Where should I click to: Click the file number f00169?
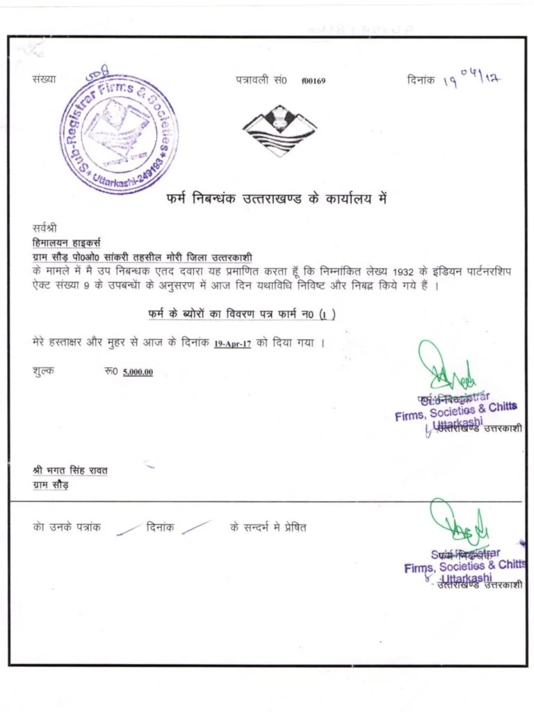tap(314, 81)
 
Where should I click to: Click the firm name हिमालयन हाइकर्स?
tap(67, 243)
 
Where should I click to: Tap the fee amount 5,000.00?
tap(138, 372)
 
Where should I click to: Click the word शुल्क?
tap(44, 371)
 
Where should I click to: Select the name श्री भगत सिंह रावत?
tap(70, 471)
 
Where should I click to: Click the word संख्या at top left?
tap(44, 81)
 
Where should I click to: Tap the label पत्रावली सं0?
tap(261, 81)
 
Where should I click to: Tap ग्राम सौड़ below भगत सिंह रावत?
tap(51, 485)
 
